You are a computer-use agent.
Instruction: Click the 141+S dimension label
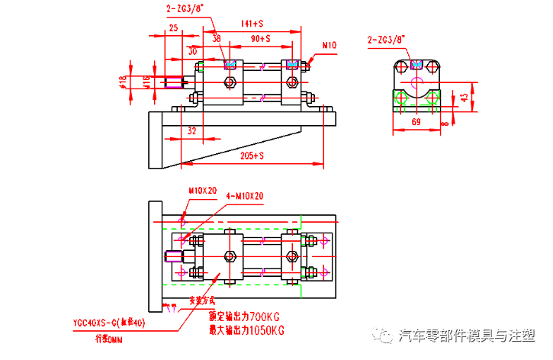252,24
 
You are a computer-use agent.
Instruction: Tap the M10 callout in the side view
329,46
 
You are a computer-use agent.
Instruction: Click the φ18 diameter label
123,80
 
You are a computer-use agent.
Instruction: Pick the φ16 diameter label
146,80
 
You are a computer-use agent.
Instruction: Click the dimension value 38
217,38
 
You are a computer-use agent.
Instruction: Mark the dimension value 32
191,130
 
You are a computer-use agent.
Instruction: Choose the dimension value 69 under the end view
416,122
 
